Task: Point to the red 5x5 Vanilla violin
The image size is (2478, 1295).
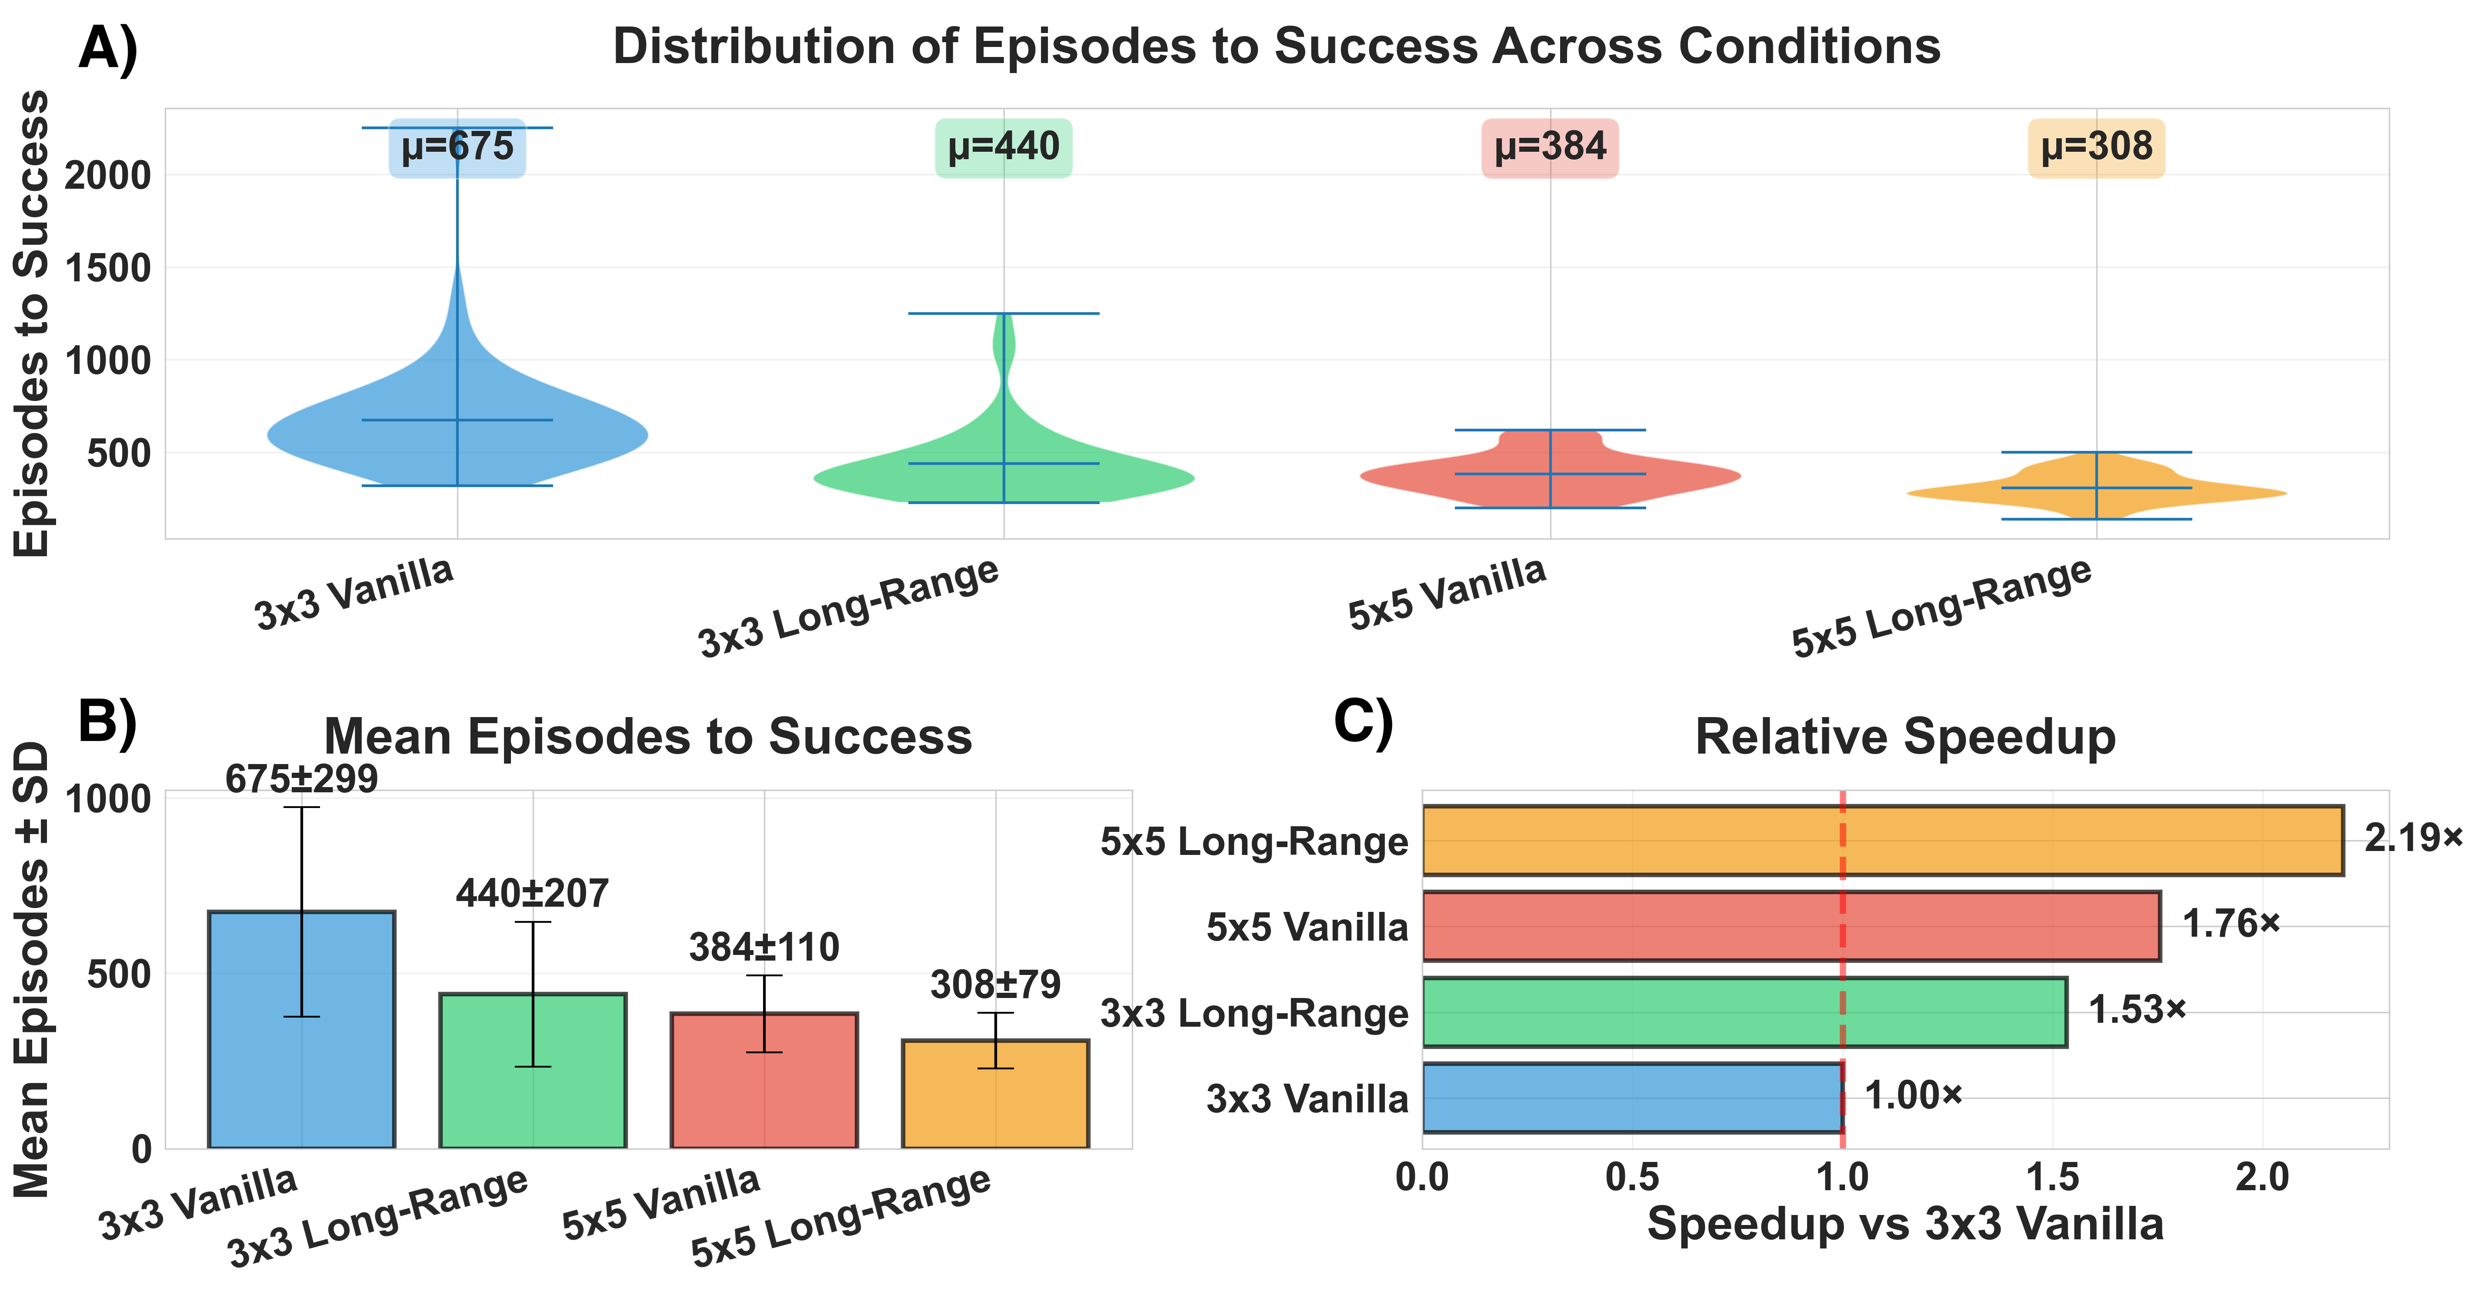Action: [x=1550, y=471]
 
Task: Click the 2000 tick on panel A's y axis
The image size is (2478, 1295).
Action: [x=108, y=176]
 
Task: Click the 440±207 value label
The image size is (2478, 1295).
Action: [x=532, y=894]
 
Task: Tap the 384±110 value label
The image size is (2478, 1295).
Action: [x=764, y=948]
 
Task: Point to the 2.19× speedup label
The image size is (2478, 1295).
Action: [x=2413, y=839]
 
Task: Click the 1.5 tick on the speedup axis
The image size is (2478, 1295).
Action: [x=2053, y=1177]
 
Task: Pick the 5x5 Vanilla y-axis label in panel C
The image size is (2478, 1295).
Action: [x=1306, y=927]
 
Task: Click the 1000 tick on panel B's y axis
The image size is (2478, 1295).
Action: [x=108, y=800]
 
